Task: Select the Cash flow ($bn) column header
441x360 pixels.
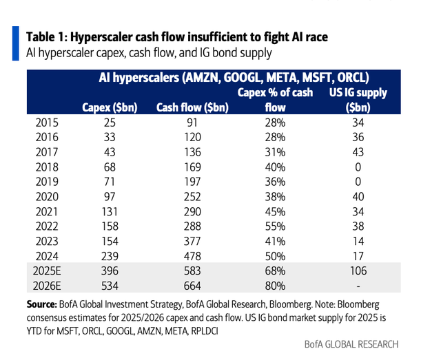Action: click(x=192, y=107)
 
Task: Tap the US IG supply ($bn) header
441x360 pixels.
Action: click(x=358, y=100)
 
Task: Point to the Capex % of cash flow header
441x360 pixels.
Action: click(x=276, y=100)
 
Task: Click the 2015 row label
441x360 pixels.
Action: click(x=48, y=123)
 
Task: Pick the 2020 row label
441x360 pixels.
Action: click(x=48, y=195)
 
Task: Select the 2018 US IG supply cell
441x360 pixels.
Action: click(x=357, y=167)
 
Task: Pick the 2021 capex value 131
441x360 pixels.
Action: click(x=109, y=211)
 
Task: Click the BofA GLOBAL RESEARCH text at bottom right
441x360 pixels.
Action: click(x=351, y=343)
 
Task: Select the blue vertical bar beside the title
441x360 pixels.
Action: click(x=16, y=42)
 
